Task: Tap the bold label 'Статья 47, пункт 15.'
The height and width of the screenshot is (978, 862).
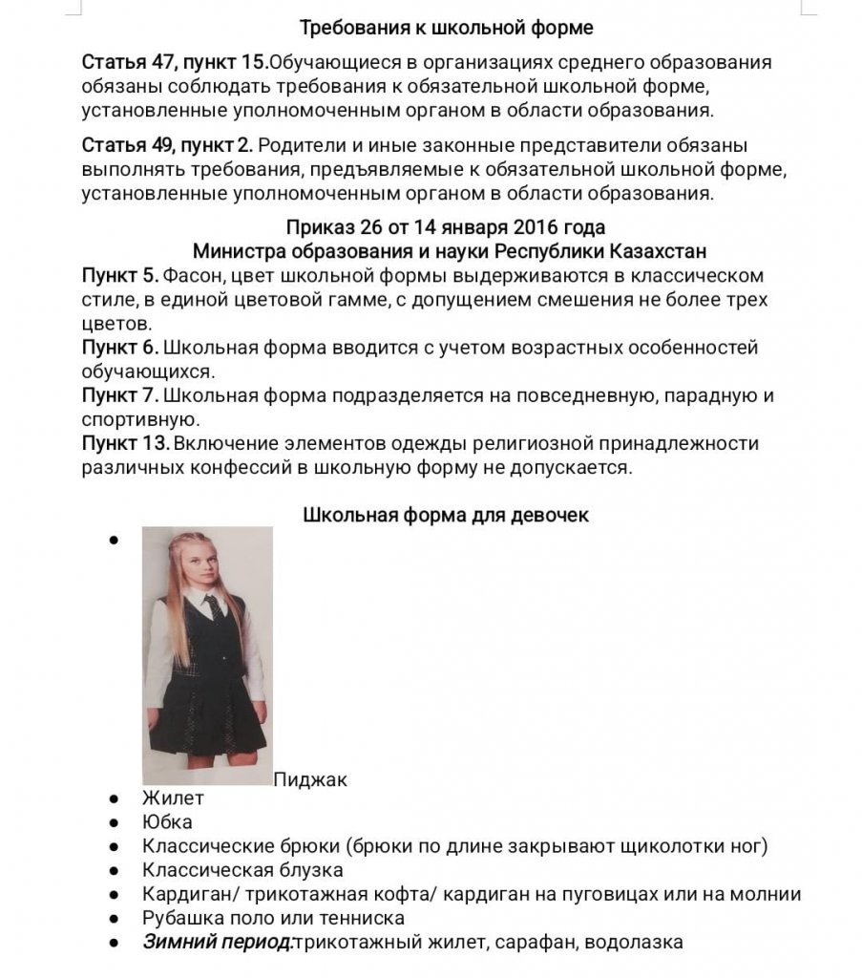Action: point(175,63)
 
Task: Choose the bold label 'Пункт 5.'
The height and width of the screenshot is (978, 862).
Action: point(120,276)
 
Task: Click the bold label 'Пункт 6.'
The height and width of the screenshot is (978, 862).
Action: point(120,348)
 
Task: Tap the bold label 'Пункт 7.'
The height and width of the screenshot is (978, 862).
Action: point(120,394)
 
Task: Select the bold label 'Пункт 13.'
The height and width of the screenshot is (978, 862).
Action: point(126,443)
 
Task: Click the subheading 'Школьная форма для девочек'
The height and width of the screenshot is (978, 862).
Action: point(446,515)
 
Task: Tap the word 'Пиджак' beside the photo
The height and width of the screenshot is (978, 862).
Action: point(310,779)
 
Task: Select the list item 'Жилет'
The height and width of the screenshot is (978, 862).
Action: point(173,797)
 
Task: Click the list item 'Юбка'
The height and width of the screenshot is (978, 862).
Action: point(167,821)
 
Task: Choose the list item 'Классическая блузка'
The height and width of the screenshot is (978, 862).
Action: point(242,870)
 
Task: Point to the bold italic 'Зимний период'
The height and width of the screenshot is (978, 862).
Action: point(217,943)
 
